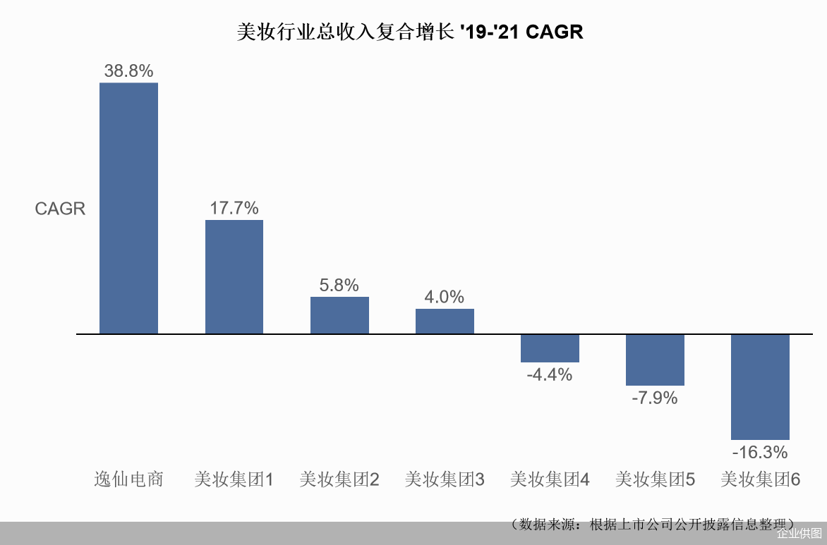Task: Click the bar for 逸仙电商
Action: click(128, 208)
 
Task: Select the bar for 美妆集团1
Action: click(234, 276)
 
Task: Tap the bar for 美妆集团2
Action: click(339, 315)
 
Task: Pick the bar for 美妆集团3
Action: click(445, 321)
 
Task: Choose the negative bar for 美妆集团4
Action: click(550, 348)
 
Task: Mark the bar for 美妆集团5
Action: click(655, 360)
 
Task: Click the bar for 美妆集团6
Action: click(760, 386)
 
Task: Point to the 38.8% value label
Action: click(128, 71)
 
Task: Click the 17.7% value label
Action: click(234, 208)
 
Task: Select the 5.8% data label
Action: click(339, 285)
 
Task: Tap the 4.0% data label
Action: click(445, 297)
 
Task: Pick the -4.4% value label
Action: click(550, 374)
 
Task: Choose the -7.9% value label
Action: click(655, 398)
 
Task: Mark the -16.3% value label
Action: click(760, 452)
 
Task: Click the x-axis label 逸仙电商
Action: click(128, 479)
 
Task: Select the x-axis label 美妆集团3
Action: click(445, 479)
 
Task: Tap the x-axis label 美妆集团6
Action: click(760, 479)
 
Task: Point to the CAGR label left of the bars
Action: click(60, 209)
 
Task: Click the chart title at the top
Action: click(410, 32)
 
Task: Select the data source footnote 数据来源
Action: click(653, 525)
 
